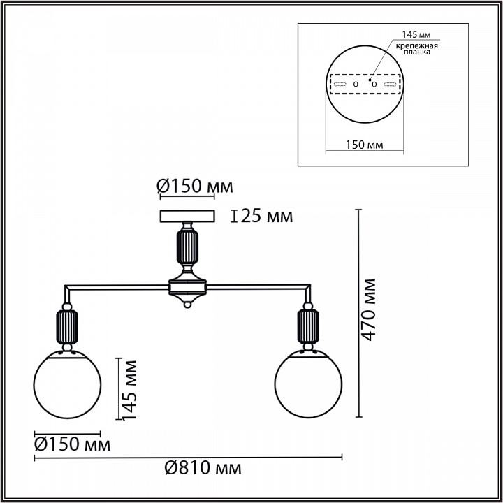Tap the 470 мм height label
[368, 310]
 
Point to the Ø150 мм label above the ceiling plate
[194, 187]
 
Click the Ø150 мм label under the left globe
[73, 444]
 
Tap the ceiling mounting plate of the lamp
[187, 216]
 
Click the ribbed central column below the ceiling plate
[187, 248]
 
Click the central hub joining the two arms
[187, 286]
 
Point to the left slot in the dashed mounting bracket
[340, 85]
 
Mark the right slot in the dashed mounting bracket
[391, 85]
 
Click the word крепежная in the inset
[417, 45]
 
